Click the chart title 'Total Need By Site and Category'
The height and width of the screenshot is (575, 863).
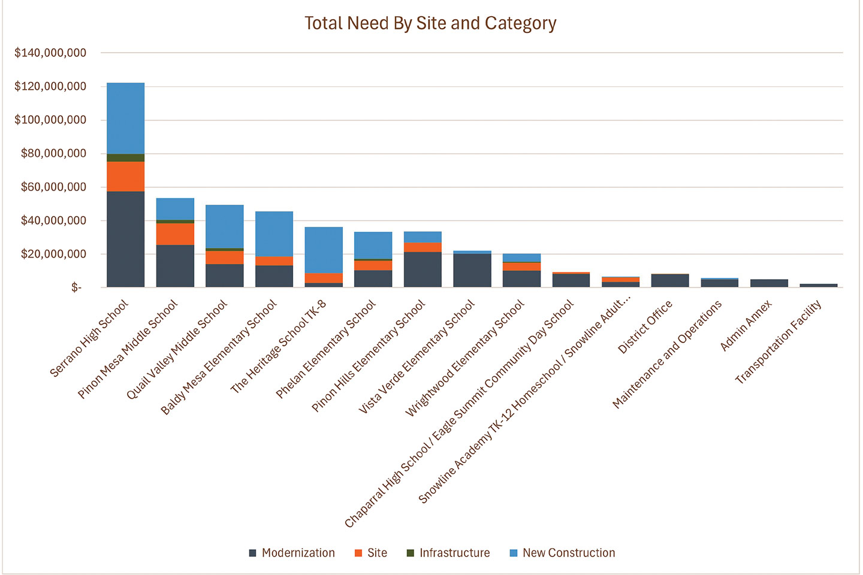click(430, 23)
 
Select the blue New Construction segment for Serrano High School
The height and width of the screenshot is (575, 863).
click(126, 118)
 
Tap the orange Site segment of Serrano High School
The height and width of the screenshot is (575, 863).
click(126, 177)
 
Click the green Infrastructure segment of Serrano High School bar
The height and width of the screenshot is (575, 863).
click(126, 158)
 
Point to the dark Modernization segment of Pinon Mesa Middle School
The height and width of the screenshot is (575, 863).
click(175, 266)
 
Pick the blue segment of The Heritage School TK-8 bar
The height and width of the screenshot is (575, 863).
click(324, 250)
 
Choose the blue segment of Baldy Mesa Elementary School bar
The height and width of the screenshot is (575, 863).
click(274, 234)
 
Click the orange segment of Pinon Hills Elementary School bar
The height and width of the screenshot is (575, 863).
click(423, 247)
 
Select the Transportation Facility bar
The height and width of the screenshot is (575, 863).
click(819, 285)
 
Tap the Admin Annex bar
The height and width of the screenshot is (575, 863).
click(769, 283)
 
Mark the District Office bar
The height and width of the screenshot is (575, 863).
click(670, 281)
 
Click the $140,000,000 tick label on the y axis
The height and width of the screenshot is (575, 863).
click(50, 53)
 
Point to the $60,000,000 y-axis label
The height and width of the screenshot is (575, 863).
click(53, 187)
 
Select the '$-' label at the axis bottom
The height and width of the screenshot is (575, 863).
click(76, 288)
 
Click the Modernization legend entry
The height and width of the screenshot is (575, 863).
click(292, 553)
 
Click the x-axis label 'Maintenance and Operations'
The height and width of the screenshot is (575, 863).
click(668, 355)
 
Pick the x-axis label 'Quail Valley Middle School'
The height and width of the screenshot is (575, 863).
click(177, 350)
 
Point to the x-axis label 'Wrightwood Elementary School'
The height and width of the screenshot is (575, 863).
click(465, 358)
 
